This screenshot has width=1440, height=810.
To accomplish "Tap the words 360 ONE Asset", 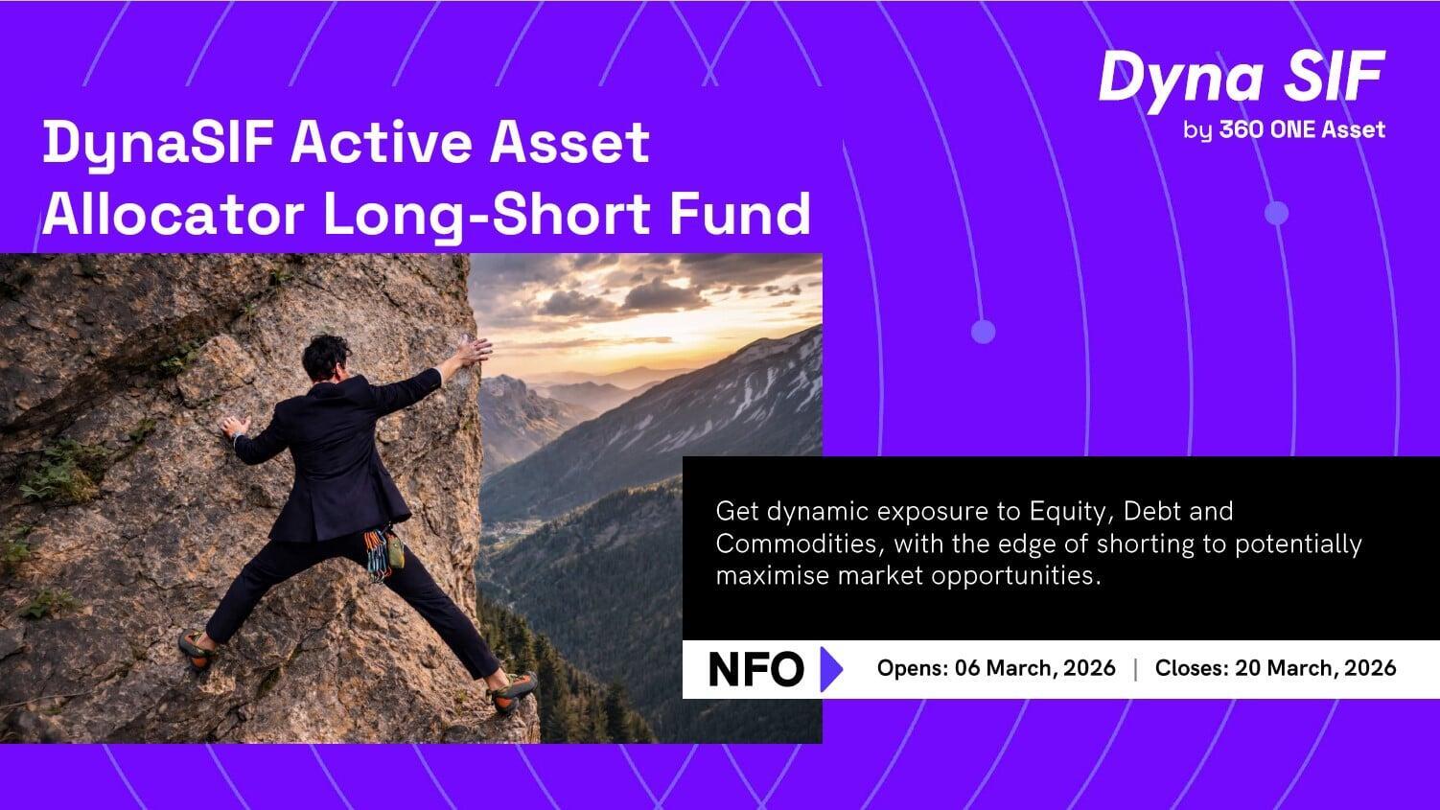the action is pos(1302,129).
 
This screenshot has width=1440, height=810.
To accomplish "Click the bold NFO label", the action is pos(756,669).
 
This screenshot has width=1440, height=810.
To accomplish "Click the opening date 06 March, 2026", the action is pos(1035,668).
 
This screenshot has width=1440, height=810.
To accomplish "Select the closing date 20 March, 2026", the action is pos(1315,668).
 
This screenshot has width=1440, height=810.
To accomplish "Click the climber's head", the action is pos(327,357).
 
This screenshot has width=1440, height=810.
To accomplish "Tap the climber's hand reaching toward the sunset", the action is pos(475,351).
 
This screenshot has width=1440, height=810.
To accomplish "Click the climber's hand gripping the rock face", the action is pos(235,427).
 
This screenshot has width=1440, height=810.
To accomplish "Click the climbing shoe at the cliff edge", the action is pos(512,692).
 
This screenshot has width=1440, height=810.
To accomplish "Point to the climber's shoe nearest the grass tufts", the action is pos(197,649).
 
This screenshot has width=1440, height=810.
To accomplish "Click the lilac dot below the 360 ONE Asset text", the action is pos(1277,214).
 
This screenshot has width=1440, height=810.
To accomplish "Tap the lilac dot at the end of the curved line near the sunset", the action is pos(983,332).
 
